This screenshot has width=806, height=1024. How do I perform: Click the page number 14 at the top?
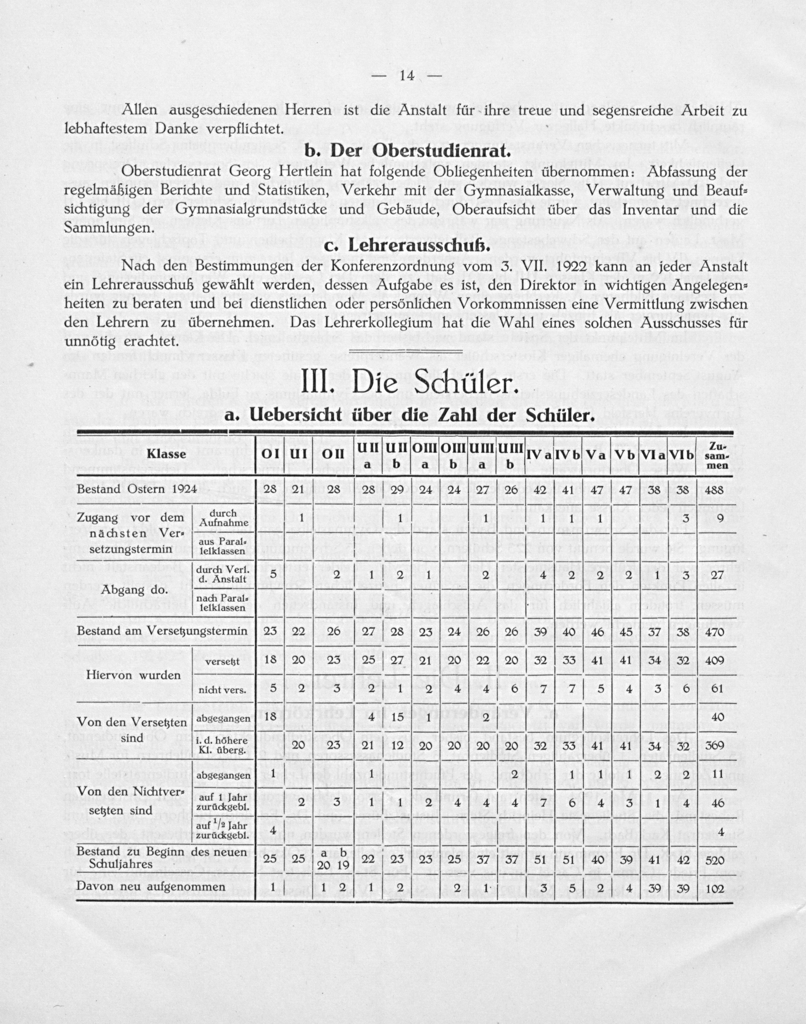[x=406, y=76]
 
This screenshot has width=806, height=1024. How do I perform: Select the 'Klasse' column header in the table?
[x=166, y=454]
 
